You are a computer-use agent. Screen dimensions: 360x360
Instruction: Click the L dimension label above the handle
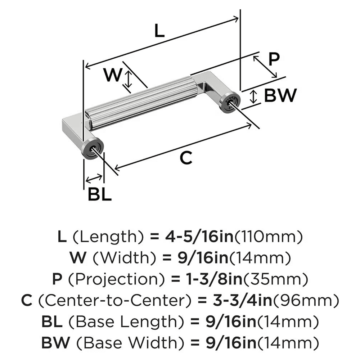coord(158,31)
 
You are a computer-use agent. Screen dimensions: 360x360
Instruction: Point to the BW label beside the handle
coord(280,95)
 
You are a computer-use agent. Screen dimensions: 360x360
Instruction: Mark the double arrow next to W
coord(128,79)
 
